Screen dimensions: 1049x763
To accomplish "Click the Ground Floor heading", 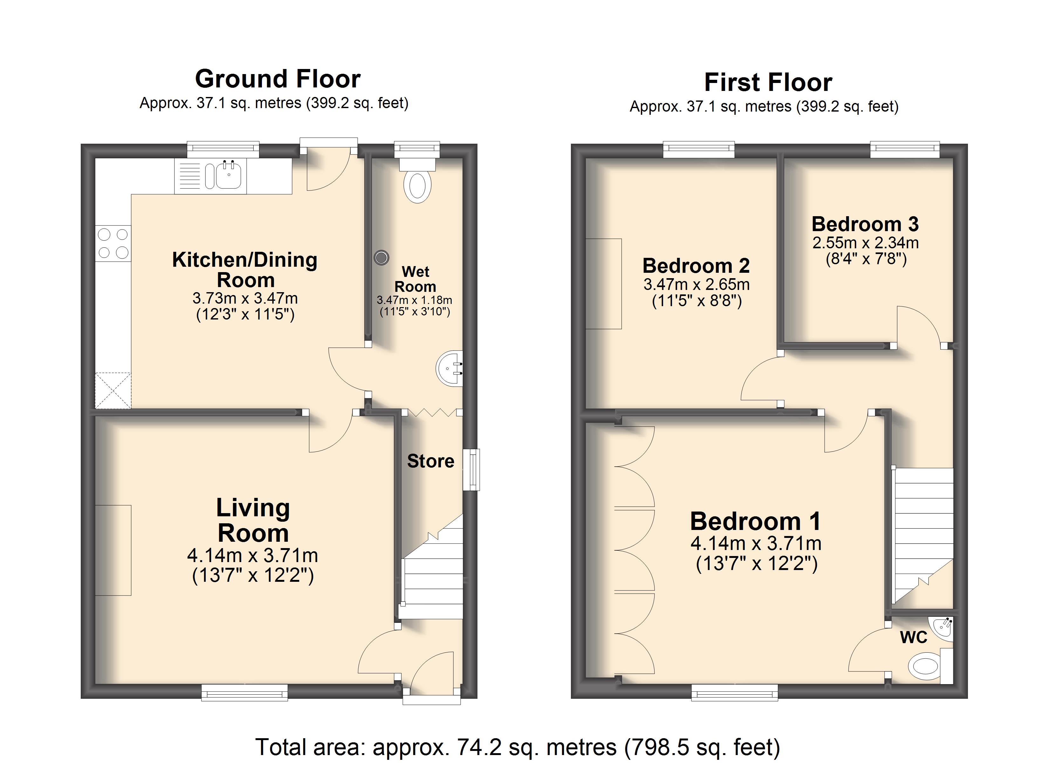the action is [x=278, y=79].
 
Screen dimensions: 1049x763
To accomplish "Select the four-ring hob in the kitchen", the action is [x=113, y=244].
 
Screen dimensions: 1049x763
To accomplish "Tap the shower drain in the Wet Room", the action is [x=381, y=257].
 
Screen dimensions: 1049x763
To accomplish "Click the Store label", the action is [x=431, y=461].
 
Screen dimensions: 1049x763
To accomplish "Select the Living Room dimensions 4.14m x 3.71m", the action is [x=252, y=555].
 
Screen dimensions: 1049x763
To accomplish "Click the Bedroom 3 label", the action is [x=865, y=224].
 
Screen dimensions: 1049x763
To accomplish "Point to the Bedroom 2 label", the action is [x=696, y=266].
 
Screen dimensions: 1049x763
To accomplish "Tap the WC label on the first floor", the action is [x=914, y=638].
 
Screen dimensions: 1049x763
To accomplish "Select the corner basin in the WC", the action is [x=943, y=628].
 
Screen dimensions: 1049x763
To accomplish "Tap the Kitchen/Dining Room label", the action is [x=245, y=270].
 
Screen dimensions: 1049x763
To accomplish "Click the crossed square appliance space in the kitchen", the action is [x=113, y=390].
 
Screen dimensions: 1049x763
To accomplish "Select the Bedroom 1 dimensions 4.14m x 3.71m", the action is [x=756, y=544].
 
